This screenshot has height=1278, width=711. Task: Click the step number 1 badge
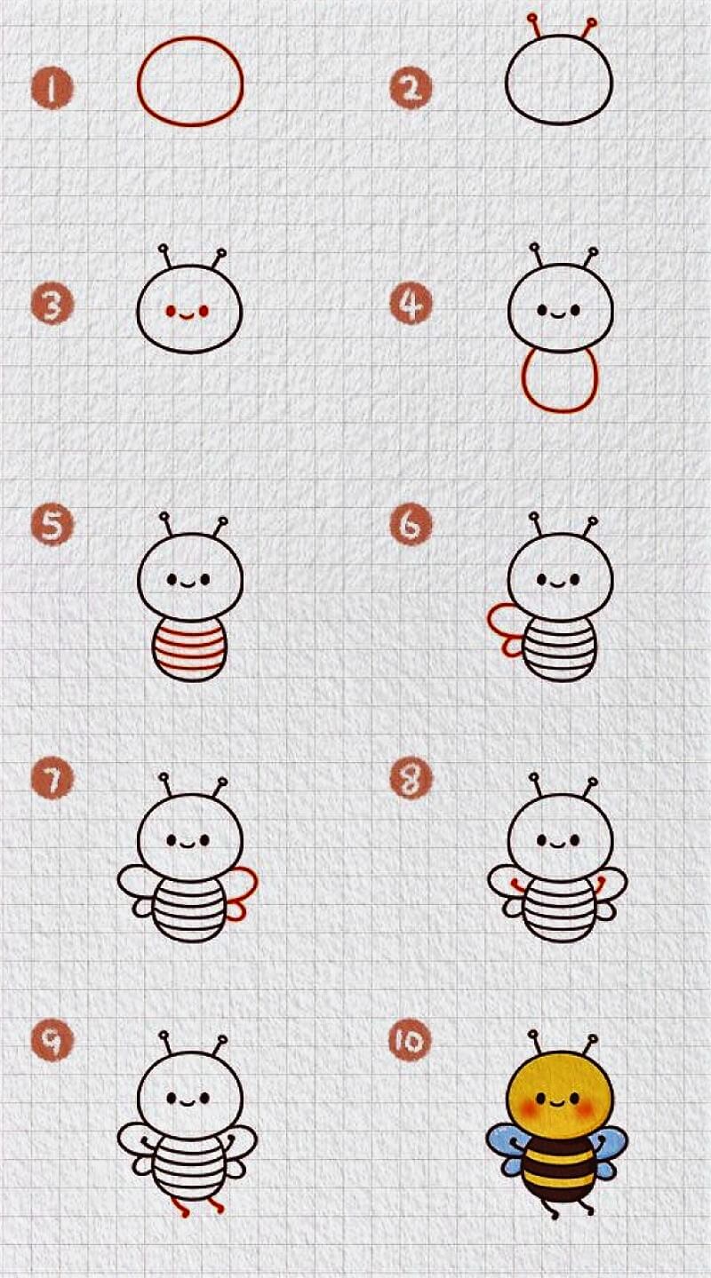point(52,89)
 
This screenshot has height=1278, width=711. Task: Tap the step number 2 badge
point(411,89)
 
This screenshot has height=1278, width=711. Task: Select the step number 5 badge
point(52,525)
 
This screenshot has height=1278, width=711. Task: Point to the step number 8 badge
point(411,778)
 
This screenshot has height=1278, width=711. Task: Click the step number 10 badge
point(411,1041)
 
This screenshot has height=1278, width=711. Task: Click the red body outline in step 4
point(522,382)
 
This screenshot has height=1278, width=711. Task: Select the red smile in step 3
point(187,314)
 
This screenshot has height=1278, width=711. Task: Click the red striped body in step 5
point(190,649)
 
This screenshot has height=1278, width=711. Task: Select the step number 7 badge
point(52,778)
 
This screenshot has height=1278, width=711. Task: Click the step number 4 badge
point(411,304)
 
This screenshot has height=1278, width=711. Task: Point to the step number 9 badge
point(52,1041)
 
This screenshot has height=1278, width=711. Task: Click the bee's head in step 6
point(560,576)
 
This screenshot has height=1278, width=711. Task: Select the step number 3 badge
point(52,304)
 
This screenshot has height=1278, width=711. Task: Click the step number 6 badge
point(411,525)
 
